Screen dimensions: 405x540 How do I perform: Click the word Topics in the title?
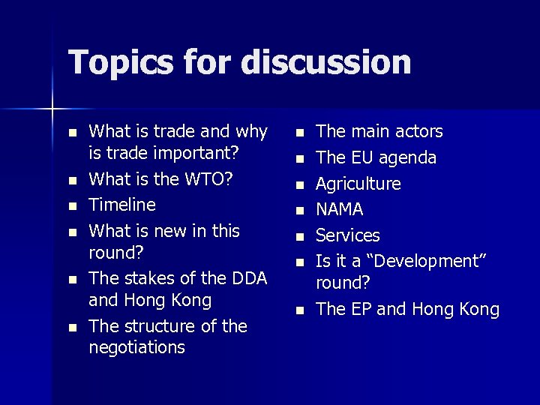pyautogui.click(x=115, y=62)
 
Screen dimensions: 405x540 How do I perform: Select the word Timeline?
pyautogui.click(x=122, y=205)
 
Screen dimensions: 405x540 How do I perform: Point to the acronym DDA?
pyautogui.click(x=249, y=278)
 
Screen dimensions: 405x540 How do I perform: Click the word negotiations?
pyautogui.click(x=136, y=347)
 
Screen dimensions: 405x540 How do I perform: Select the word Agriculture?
pyautogui.click(x=358, y=184)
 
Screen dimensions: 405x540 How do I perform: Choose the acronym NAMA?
pyautogui.click(x=340, y=209)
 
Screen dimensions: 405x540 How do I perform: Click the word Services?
pyautogui.click(x=348, y=235)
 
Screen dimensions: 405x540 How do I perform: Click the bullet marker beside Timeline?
pyautogui.click(x=72, y=205)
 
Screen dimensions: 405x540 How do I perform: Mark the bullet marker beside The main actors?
pyautogui.click(x=299, y=133)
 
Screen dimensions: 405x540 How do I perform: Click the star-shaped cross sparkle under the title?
pyautogui.click(x=52, y=109)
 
